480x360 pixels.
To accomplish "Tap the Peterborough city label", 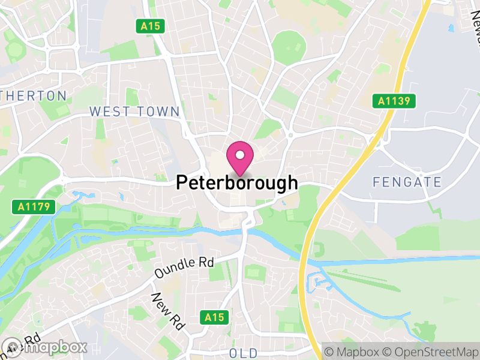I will (237, 182).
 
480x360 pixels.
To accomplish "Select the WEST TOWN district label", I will (134, 112).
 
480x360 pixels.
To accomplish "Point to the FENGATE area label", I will (407, 182).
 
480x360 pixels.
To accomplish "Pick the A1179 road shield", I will (34, 207).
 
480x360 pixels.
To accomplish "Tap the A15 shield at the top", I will (150, 26).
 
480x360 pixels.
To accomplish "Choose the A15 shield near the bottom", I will (214, 316).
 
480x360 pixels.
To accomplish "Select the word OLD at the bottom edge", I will (243, 353).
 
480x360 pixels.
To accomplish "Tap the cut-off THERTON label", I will (34, 95).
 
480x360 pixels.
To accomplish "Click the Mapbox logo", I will (45, 347).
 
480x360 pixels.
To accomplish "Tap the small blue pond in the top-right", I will (450, 27).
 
